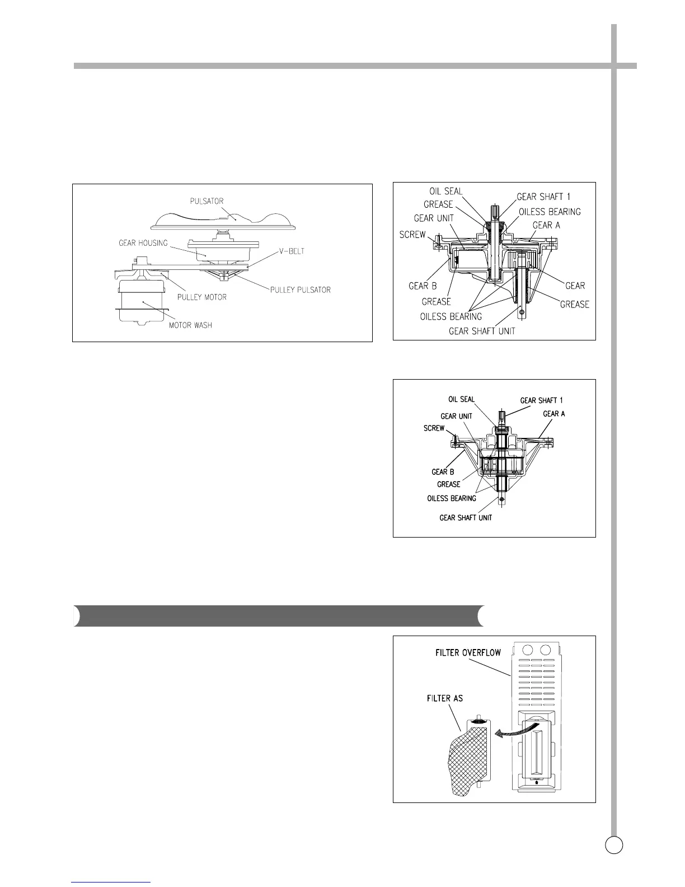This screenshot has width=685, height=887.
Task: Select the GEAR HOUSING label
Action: tap(143, 243)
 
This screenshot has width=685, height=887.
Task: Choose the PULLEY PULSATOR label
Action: tap(301, 290)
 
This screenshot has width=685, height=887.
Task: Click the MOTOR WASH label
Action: tap(190, 325)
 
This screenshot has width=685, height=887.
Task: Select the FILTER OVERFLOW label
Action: tap(468, 653)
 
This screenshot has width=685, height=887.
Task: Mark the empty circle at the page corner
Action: tap(614, 844)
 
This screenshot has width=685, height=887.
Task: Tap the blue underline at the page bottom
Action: tap(111, 883)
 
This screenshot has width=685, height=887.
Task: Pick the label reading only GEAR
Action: tap(575, 286)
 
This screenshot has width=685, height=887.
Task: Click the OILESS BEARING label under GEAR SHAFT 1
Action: tap(550, 212)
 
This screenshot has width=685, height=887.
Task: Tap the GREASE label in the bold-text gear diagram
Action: tap(448, 484)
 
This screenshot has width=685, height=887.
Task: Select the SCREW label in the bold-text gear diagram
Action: tap(434, 428)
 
